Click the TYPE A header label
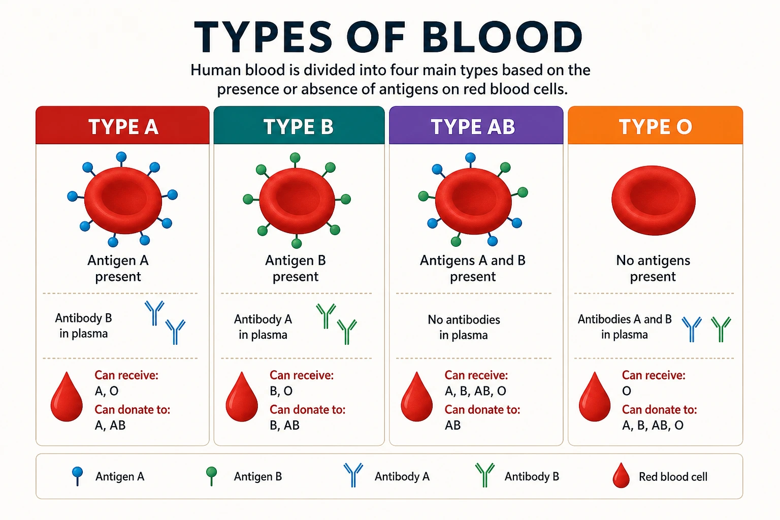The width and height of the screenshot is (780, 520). [123, 126]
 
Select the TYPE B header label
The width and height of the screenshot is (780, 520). [299, 126]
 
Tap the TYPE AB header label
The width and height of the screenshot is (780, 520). [473, 126]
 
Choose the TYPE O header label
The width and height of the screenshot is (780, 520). [656, 126]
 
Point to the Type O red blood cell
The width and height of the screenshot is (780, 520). [653, 200]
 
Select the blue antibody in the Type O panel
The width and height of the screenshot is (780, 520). [692, 329]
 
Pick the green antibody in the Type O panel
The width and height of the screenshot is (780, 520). [721, 329]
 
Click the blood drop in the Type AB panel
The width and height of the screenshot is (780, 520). [416, 397]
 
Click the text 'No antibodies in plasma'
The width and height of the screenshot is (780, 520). [464, 327]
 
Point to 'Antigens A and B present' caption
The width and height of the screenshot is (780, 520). [473, 268]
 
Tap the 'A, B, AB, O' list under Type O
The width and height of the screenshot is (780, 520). [653, 425]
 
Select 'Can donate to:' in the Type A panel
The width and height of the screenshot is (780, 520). [133, 410]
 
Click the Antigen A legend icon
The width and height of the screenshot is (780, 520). [77, 476]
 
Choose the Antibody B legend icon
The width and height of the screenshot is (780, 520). [485, 475]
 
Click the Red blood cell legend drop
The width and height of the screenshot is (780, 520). [621, 475]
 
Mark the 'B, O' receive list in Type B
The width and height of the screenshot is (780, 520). [281, 391]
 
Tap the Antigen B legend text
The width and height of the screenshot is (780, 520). [257, 476]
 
